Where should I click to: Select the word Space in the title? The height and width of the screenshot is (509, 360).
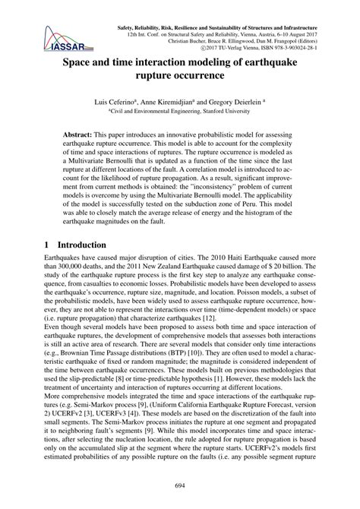(x=81, y=65)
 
